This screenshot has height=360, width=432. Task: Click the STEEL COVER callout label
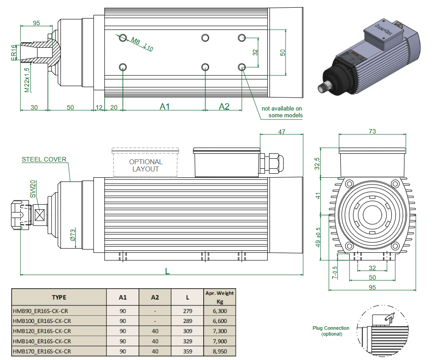(x=44, y=159)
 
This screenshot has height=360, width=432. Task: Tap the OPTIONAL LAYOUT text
(x=145, y=165)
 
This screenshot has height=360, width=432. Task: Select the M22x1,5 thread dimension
(x=27, y=80)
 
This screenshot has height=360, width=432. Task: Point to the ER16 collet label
(x=14, y=52)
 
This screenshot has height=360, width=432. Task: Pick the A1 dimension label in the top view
(x=165, y=106)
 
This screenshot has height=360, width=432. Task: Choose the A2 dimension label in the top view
(x=224, y=106)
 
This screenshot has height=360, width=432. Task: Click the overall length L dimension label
(x=167, y=271)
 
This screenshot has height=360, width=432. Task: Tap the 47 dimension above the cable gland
(x=282, y=131)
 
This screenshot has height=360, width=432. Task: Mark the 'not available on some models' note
(x=282, y=112)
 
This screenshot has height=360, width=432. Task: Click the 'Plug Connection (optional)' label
(x=331, y=331)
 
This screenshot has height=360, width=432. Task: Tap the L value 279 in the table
(x=188, y=310)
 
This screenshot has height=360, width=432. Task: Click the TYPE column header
(x=59, y=297)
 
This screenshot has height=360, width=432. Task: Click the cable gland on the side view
(x=274, y=162)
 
